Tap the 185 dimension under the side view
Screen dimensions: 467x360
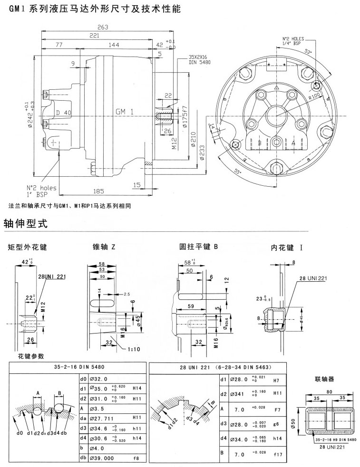tap(98, 191)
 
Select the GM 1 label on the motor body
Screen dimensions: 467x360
tap(124, 111)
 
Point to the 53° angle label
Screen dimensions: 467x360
tap(307, 50)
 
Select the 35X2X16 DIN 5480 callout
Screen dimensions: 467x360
tap(199, 59)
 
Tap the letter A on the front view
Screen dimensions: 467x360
tap(293, 142)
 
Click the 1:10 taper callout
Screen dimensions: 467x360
tap(135, 350)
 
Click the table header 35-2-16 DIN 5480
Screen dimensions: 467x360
tap(76, 367)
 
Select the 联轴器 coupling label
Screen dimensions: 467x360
tap(325, 380)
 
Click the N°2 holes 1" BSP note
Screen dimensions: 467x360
tap(41, 191)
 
